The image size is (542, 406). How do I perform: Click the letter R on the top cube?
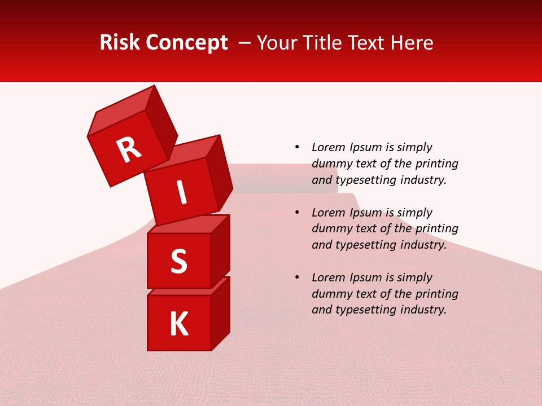(129, 149)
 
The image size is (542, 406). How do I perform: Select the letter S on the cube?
(179, 262)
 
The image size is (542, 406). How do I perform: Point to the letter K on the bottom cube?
(179, 324)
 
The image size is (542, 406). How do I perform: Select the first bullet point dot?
(297, 147)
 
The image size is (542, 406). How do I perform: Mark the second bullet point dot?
(297, 213)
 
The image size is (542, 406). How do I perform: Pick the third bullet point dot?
(297, 277)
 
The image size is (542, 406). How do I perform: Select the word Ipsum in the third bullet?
(368, 277)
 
